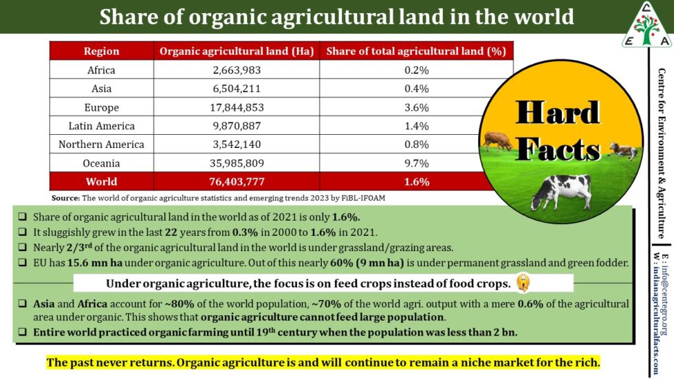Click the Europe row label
(101, 107)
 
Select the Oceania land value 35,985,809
(237, 163)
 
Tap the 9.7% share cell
(416, 163)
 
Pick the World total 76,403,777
(237, 182)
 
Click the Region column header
(101, 51)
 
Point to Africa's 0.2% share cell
(416, 70)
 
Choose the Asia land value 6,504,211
(237, 89)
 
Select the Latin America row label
(101, 126)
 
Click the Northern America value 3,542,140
(237, 144)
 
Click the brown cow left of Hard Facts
(496, 140)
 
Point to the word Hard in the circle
(558, 113)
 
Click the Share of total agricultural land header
(416, 51)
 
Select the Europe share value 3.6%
(416, 107)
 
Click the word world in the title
(541, 17)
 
